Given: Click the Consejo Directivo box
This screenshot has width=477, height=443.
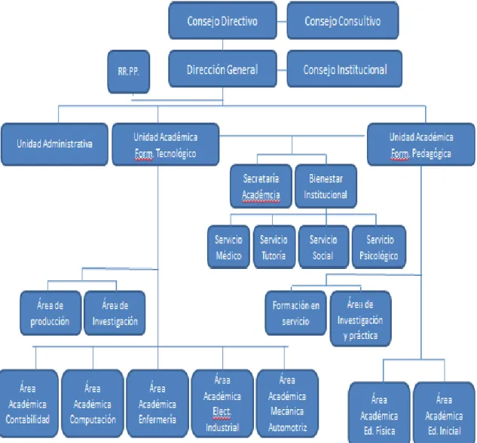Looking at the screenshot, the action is tap(223, 20).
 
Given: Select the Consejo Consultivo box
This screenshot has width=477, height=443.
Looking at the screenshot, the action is tap(343, 20).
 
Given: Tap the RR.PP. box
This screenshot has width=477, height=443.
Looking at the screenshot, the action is tap(129, 72).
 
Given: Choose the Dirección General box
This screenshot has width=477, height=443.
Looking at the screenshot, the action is tap(223, 69).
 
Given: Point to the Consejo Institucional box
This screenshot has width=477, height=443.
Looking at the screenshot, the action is tap(344, 69).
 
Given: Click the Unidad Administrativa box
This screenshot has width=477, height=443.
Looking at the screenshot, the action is tap(54, 144).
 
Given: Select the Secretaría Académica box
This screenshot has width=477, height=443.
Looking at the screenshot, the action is tap(261, 186).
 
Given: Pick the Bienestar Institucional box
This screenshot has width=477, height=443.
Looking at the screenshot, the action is tap(326, 186).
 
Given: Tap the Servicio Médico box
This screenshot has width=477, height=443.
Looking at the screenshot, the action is tap(229, 247).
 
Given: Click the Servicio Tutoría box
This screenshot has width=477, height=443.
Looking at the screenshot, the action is tap(274, 247).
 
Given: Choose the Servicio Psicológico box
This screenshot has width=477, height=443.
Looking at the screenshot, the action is tap(379, 247).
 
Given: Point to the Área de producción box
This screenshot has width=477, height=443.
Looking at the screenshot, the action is tap(50, 313).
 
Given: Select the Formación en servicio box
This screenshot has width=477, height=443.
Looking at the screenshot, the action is tap(296, 313).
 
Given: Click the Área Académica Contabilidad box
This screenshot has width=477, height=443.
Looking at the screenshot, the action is tap(29, 404).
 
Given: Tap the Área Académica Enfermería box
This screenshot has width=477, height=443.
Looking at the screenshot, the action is tap(157, 404).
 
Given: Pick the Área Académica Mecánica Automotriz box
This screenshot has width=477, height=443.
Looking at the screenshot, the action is tap(287, 404).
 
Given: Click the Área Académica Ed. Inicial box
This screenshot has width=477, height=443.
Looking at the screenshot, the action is tap(445, 413).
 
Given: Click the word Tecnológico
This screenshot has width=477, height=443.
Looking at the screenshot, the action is tap(176, 154).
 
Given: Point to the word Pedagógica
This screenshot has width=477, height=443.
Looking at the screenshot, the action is tap(431, 154).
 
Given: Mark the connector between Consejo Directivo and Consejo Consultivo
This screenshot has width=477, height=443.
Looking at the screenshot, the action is tap(282, 22).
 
